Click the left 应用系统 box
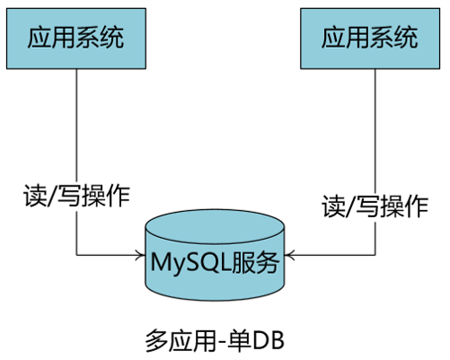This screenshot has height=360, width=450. point(75,38)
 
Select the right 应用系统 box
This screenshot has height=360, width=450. point(371,38)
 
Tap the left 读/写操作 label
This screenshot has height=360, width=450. point(75,196)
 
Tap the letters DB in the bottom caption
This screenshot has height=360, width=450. point(269,342)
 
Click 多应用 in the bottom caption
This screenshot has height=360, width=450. point(179,342)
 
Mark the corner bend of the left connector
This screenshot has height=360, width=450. point(75,256)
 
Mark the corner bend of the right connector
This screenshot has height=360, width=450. point(371,256)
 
